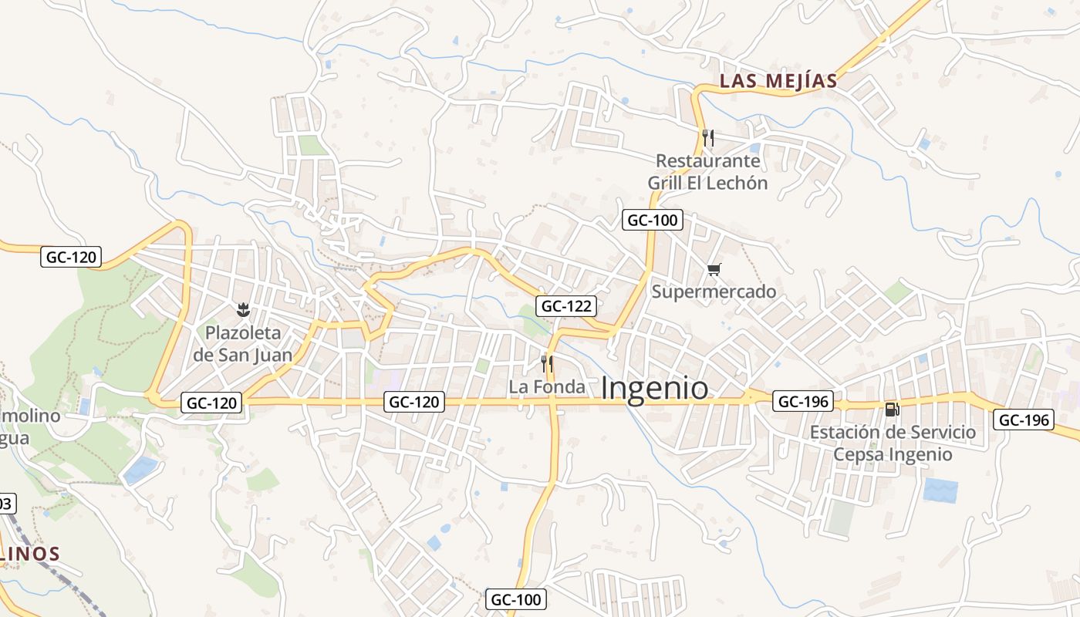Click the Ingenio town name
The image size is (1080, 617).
[x=654, y=388]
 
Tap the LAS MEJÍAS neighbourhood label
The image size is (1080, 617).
[x=778, y=81]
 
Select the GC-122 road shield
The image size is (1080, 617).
[x=567, y=306]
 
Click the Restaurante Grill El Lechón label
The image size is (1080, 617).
[x=707, y=172]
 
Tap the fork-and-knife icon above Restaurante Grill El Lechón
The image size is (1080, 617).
[x=708, y=138]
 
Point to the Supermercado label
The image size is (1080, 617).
[x=714, y=292]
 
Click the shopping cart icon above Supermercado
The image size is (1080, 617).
[x=714, y=269]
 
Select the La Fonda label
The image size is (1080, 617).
[x=547, y=386]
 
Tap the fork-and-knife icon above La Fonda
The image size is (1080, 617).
[x=547, y=363]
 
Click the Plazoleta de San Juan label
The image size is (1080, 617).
[x=243, y=344]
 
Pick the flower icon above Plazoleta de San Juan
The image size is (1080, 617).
[x=243, y=310]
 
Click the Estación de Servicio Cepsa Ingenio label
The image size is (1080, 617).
[x=893, y=443]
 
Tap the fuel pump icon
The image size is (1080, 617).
[x=892, y=410]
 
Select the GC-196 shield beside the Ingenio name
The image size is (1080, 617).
[x=803, y=401]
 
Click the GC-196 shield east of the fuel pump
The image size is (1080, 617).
[x=1023, y=420]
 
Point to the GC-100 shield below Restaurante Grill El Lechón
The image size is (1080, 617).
[x=652, y=220]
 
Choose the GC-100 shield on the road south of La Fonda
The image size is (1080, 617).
[x=517, y=599]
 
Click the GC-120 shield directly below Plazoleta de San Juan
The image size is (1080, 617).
[x=211, y=402]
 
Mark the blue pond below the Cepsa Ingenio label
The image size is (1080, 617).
[x=940, y=491]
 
